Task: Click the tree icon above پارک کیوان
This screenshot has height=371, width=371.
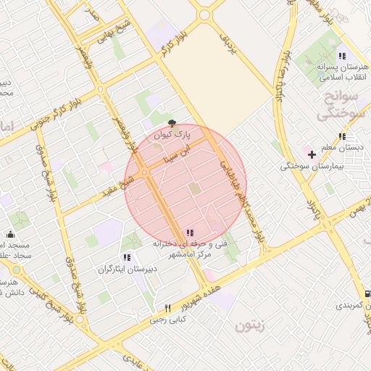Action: tap(172, 124)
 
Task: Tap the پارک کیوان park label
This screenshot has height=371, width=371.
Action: tap(173, 136)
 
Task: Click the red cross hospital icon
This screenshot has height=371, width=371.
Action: tap(312, 154)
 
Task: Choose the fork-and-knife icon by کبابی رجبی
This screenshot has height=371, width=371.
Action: tap(168, 308)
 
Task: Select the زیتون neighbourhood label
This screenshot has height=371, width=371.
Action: tap(251, 327)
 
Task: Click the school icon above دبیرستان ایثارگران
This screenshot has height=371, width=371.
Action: tap(127, 257)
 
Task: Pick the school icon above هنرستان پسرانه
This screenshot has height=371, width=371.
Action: tap(341, 56)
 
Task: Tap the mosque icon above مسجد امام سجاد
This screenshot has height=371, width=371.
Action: tap(10, 233)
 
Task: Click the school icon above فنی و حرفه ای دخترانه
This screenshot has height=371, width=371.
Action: tap(189, 233)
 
